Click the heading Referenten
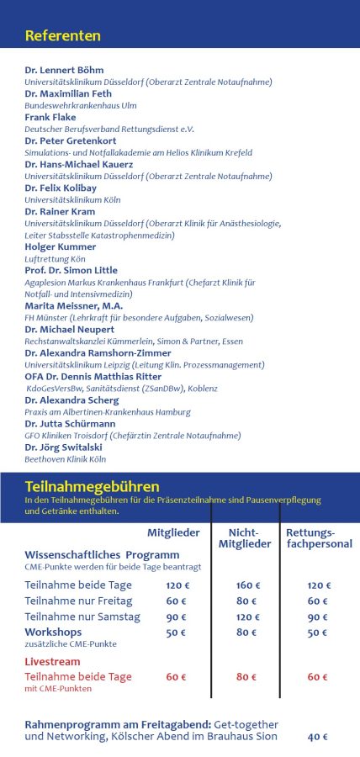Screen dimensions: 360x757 click(x=63, y=36)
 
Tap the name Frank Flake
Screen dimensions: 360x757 click(x=51, y=118)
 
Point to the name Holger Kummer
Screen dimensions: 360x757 click(x=61, y=247)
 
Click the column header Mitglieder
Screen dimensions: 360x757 click(x=174, y=532)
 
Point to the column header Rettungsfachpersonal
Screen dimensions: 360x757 click(x=310, y=538)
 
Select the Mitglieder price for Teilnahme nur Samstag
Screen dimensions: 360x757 click(x=176, y=617)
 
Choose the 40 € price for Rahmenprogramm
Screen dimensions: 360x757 click(x=317, y=737)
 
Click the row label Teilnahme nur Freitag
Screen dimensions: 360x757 click(x=78, y=601)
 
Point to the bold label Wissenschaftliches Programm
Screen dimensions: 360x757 click(x=102, y=555)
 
